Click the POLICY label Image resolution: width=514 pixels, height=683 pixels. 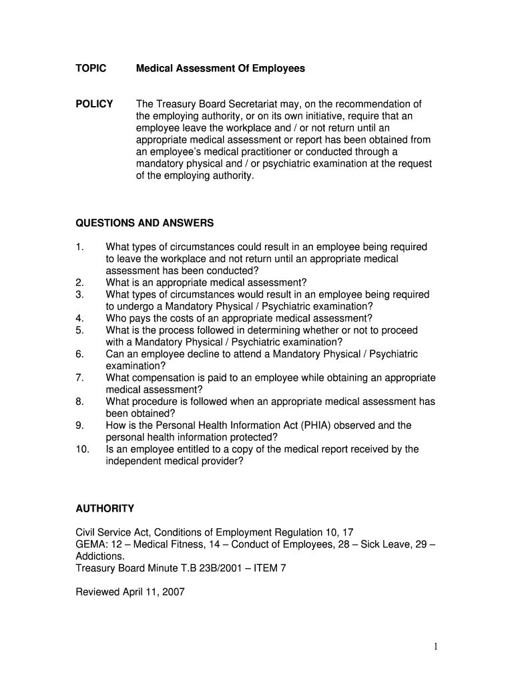[x=94, y=104]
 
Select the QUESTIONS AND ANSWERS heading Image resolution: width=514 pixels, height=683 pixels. [x=145, y=223]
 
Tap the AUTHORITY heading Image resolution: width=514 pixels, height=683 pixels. [x=105, y=509]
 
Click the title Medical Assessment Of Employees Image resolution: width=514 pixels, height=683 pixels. [x=220, y=69]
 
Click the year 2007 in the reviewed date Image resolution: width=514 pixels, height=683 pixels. [x=172, y=592]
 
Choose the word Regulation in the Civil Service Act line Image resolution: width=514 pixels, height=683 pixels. [x=286, y=532]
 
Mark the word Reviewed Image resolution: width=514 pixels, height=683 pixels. [x=97, y=592]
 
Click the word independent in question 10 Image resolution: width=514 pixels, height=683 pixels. [x=135, y=462]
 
